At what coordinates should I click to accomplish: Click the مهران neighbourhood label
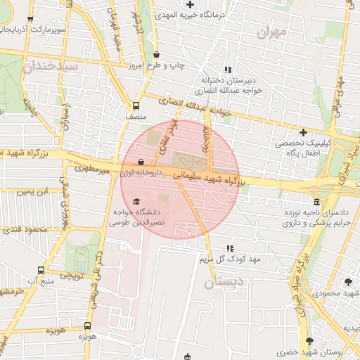tap(273, 32)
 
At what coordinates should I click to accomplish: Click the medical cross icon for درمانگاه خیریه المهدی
tap(190, 5)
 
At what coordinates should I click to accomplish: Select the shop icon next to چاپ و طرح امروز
tap(156, 54)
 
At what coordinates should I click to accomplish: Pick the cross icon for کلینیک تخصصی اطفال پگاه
tap(303, 131)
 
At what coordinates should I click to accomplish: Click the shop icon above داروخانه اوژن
tap(141, 162)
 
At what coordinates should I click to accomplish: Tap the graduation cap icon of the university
tap(136, 202)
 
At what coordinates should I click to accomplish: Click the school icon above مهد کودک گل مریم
tap(229, 248)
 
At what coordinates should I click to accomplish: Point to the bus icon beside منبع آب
tap(40, 271)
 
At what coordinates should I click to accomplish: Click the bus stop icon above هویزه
tap(87, 326)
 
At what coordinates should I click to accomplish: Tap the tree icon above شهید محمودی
tap(348, 282)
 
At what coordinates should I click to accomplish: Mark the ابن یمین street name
tap(32, 191)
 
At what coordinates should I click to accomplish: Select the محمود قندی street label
tap(25, 229)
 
